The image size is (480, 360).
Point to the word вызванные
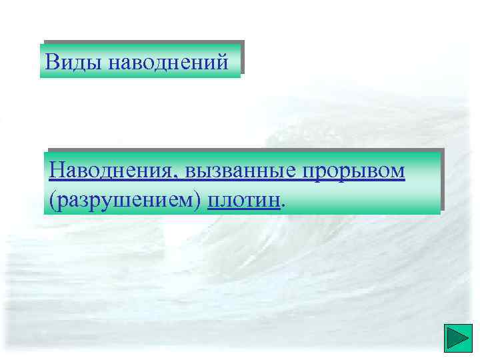(x=241, y=171)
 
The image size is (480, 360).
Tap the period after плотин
(x=284, y=204)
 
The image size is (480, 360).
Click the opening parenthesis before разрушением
(x=52, y=199)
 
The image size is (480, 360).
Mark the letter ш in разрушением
(x=118, y=199)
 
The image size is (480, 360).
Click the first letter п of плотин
(x=213, y=199)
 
